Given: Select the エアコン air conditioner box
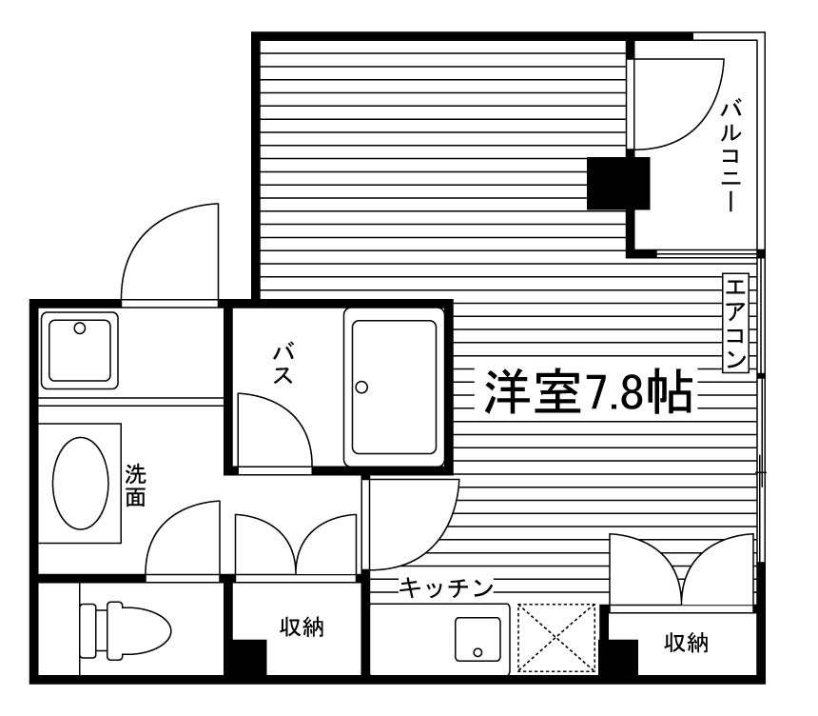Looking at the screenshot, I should tap(736, 323).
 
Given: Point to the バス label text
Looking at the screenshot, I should tap(282, 365).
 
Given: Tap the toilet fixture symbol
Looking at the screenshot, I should tap(125, 628).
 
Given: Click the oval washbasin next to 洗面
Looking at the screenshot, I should tap(79, 483).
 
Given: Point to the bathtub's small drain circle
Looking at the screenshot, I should tap(361, 387).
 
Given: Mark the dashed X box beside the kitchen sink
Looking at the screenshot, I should tap(556, 637).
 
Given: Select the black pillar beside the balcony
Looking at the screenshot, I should tap(617, 183).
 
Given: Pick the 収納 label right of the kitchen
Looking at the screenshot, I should tap(686, 644).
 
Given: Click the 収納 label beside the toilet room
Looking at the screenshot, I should tap(302, 627).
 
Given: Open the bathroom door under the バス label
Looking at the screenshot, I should tap(273, 433).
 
